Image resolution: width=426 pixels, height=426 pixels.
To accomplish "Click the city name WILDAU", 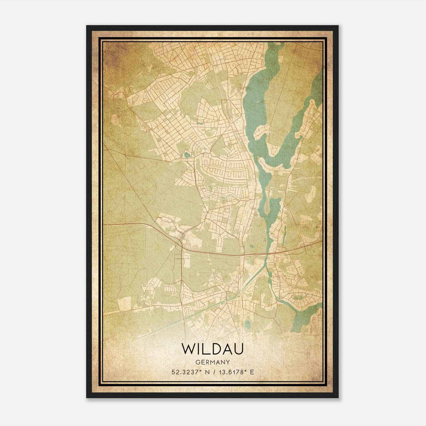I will [212, 349].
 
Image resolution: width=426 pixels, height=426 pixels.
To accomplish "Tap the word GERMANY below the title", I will [212, 362].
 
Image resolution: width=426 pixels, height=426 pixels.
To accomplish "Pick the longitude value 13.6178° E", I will [236, 372].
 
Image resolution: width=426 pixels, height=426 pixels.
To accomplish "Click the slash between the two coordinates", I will [212, 372].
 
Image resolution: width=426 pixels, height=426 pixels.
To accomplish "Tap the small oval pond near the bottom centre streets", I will [248, 323].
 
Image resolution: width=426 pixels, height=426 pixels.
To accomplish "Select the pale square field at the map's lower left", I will [124, 304].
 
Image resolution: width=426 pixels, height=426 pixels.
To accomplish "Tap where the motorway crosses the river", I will [266, 254].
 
